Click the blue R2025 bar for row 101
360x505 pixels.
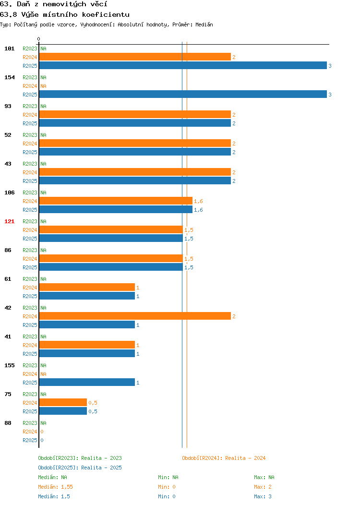point(183,65)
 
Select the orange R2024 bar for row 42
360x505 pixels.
point(135,316)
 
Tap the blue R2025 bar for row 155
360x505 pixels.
point(87,382)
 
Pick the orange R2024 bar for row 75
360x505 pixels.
point(63,402)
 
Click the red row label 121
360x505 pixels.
point(9,221)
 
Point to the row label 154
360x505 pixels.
point(9,77)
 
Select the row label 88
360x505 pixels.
point(8,423)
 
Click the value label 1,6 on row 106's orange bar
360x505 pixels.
point(198,201)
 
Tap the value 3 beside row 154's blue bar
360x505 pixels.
point(330,95)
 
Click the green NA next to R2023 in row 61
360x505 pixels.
point(44,279)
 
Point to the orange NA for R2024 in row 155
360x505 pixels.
point(44,374)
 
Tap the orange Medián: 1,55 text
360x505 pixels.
point(55,487)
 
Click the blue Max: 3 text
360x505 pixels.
point(263,496)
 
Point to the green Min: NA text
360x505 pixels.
point(168,477)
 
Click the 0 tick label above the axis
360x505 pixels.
point(39,39)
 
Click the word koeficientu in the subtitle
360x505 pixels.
point(106,14)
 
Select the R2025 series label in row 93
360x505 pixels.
point(30,123)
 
